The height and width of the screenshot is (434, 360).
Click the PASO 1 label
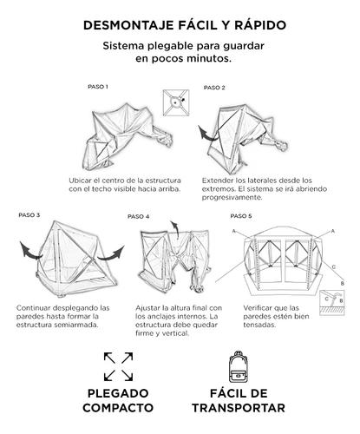pyautogui.click(x=98, y=87)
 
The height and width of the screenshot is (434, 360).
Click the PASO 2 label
pyautogui.click(x=214, y=88)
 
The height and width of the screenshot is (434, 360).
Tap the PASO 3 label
pyautogui.click(x=28, y=214)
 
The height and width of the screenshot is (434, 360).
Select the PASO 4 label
pyautogui.click(x=138, y=216)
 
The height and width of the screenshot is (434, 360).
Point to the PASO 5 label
pyautogui.click(x=241, y=214)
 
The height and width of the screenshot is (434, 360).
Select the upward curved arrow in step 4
pyautogui.click(x=173, y=227)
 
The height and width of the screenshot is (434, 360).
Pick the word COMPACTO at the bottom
pyautogui.click(x=119, y=408)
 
